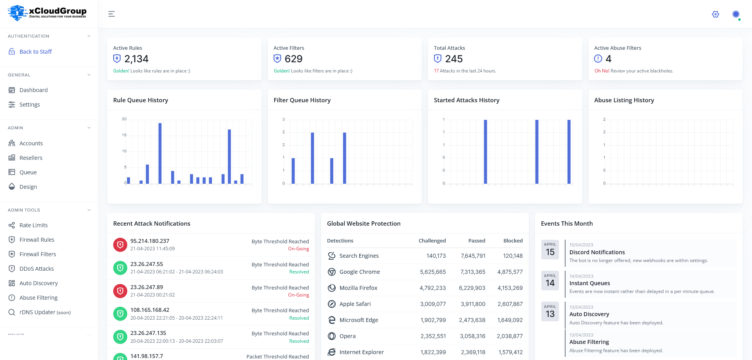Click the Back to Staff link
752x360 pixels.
[35, 52]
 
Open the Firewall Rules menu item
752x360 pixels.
[37, 240]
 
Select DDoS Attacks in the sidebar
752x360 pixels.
[36, 269]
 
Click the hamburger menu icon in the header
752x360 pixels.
[112, 14]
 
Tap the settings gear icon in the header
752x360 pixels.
[715, 14]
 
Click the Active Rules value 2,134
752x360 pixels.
[136, 59]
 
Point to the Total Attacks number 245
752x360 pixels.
[454, 59]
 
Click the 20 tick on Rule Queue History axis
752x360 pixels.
[124, 119]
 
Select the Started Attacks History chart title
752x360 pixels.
[466, 100]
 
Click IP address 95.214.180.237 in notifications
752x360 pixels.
[150, 241]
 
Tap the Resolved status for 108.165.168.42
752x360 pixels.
[299, 318]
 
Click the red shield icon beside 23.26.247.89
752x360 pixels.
[120, 291]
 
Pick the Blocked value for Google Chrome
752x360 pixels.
[510, 272]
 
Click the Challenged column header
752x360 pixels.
[432, 241]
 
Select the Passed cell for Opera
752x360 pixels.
[472, 336]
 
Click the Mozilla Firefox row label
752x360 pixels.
[358, 288]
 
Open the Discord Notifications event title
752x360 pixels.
[597, 252]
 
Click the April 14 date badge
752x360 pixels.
[550, 280]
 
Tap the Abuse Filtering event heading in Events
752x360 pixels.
[589, 342]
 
